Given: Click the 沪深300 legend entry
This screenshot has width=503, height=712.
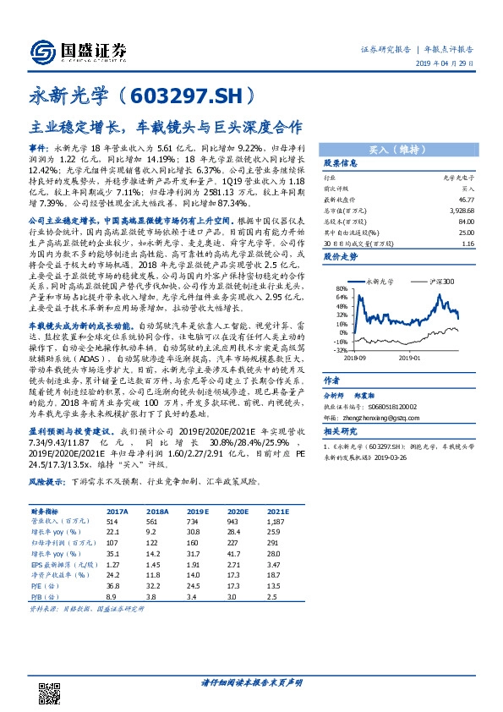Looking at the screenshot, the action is (x=442, y=280).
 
